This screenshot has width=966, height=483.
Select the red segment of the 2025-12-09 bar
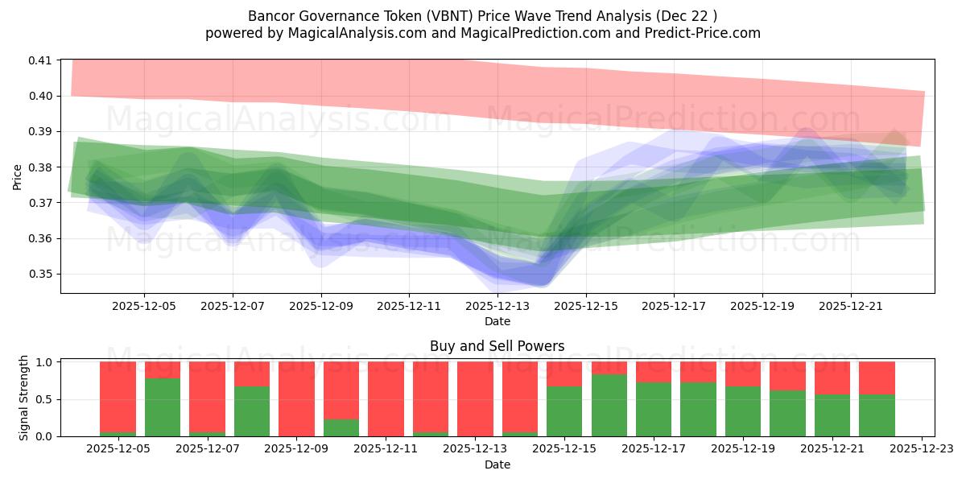coord(296,398)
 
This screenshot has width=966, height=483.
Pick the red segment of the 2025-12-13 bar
coord(475,398)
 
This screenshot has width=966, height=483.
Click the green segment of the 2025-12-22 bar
coord(877,415)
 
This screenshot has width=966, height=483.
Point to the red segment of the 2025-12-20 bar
coord(787,376)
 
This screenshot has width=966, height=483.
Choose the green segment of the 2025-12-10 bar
coord(341,427)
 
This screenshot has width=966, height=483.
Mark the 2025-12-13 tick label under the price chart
coord(497,306)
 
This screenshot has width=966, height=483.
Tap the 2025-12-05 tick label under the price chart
coord(144,306)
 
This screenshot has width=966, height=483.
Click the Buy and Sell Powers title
coord(497,347)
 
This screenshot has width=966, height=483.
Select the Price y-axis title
coord(18,176)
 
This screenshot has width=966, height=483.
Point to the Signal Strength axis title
coord(24,398)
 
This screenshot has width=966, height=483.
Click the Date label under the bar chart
coord(497,464)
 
